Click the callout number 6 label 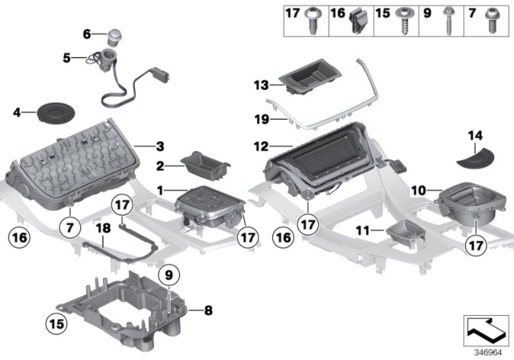[88, 35]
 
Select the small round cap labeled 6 [116, 36]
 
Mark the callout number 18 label [102, 228]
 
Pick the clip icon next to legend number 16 [358, 25]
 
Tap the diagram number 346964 [482, 351]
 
